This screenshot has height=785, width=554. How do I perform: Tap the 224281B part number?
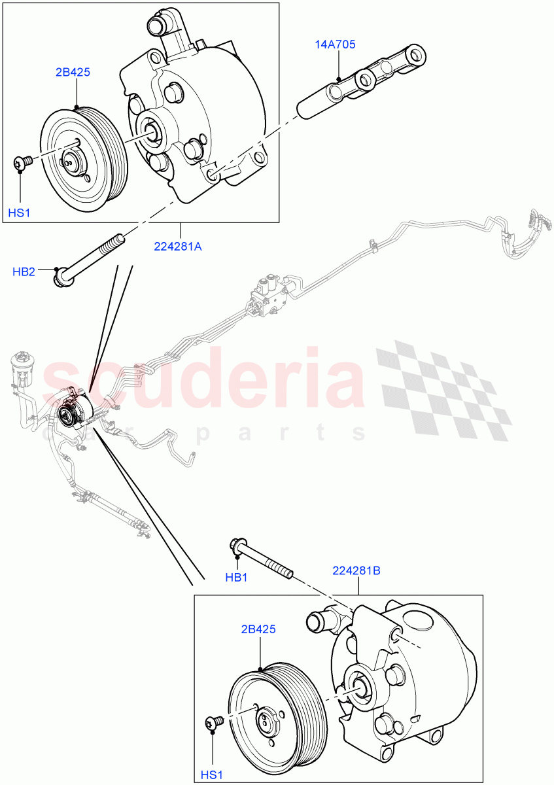[356, 570]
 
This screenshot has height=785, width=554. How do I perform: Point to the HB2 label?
[24, 271]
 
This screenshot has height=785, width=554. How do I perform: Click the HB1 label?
[235, 576]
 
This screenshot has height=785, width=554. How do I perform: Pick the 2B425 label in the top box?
[73, 72]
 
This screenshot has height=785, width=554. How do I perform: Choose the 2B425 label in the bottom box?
[258, 629]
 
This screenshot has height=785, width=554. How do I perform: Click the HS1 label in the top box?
[19, 213]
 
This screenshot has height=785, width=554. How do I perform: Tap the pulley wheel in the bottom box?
[275, 713]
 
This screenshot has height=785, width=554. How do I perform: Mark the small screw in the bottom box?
[214, 722]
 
